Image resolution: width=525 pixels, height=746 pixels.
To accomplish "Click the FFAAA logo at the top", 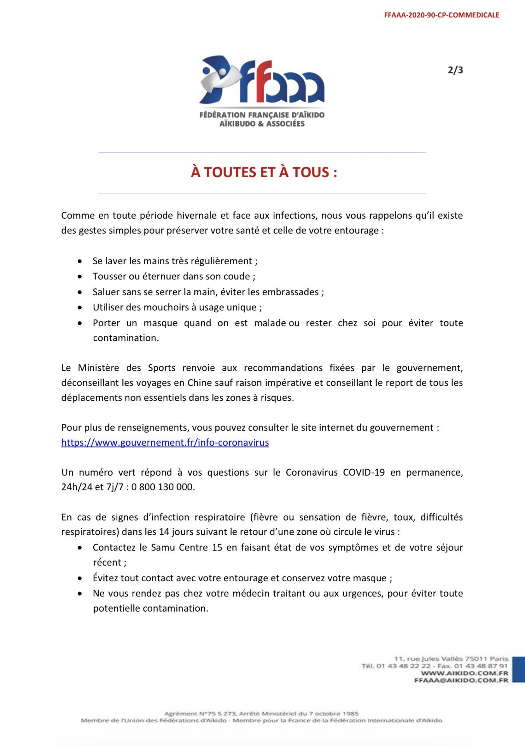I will (262, 91).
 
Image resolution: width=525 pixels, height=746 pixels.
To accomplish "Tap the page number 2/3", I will (455, 70).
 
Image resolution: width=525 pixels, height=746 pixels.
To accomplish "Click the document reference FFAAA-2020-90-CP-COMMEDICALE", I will (441, 16).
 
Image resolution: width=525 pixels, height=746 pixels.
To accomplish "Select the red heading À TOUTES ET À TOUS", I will (264, 172).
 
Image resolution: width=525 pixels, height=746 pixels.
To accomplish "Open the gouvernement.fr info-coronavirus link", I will (165, 443).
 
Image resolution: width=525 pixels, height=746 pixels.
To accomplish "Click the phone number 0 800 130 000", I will (163, 487).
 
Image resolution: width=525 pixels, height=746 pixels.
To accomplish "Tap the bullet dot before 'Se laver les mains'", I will (80, 261).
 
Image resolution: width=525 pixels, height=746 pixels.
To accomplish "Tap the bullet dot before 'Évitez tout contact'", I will (80, 579).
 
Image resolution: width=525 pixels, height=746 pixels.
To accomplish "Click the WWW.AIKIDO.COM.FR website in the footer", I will (464, 673).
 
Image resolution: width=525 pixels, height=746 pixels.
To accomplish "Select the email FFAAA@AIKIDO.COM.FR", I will (461, 680).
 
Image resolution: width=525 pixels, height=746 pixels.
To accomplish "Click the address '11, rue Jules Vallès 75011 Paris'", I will (451, 659).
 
